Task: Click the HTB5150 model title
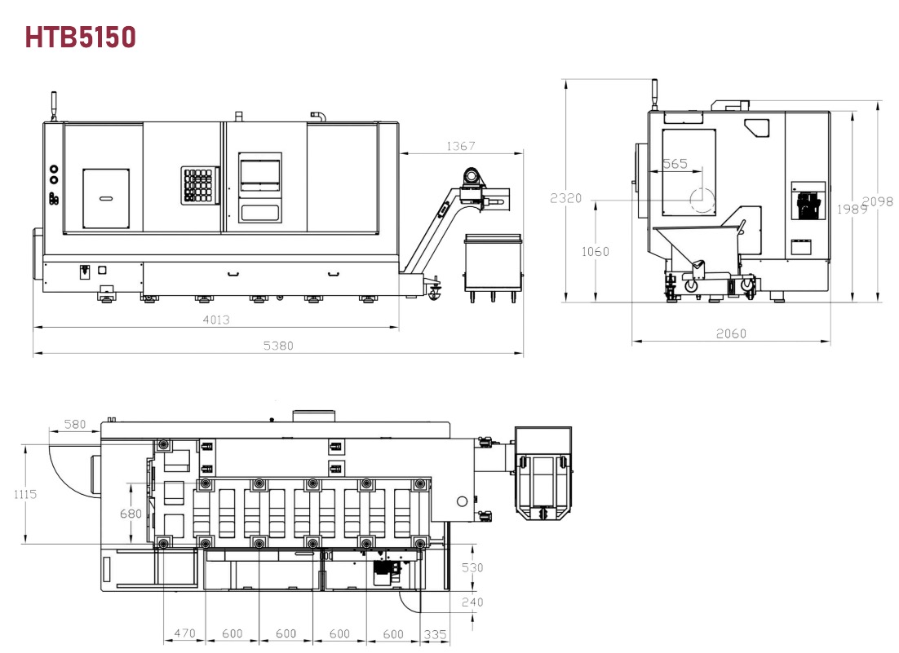tap(80, 38)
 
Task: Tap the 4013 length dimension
tap(216, 320)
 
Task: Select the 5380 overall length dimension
tap(278, 346)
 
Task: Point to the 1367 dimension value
tap(461, 146)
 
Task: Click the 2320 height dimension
tap(566, 198)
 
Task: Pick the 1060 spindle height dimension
tap(596, 251)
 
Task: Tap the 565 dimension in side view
tap(675, 164)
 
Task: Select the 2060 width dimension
tap(731, 333)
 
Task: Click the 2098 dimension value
tap(878, 201)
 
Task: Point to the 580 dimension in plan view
tap(74, 425)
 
